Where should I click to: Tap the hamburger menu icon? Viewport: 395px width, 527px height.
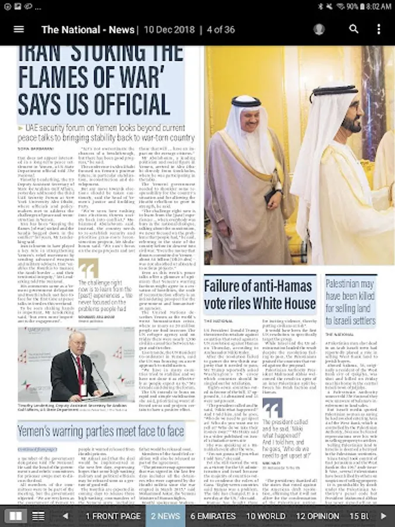19,29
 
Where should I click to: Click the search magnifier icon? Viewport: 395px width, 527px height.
353,29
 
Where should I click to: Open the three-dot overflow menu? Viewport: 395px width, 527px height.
379,29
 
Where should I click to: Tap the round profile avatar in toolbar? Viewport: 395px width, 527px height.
319,29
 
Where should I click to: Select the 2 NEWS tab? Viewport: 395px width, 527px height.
165,516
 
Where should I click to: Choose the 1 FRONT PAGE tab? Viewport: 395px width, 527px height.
113,516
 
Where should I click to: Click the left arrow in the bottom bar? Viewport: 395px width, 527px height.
65,516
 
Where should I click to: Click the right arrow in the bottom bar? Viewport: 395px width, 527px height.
384,516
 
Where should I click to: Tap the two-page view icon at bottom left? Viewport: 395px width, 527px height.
15,516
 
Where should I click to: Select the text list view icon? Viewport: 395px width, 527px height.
38,516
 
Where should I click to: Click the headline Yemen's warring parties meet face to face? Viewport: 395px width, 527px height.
101,432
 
